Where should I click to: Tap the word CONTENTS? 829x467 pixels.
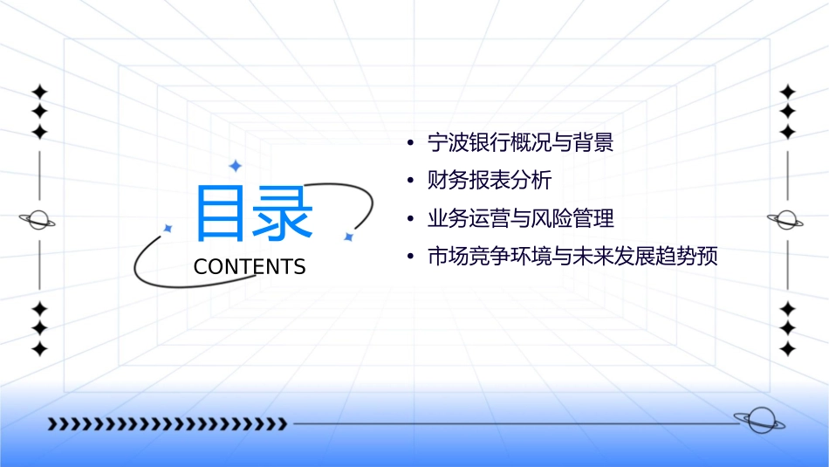point(250,266)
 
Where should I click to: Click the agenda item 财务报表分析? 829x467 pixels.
point(490,181)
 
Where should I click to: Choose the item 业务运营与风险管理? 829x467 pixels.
point(520,218)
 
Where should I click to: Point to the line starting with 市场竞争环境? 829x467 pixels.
point(572,257)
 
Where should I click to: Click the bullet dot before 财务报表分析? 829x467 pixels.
point(409,181)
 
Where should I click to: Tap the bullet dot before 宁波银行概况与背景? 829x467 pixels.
point(409,142)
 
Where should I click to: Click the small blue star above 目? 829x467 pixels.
point(235,166)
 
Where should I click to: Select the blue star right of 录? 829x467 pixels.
point(347,237)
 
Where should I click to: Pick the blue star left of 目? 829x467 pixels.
point(168,229)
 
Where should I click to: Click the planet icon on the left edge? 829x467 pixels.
point(38,220)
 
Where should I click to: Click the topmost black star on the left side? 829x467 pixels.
point(38,91)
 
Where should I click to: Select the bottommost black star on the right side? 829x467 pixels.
point(787,349)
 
